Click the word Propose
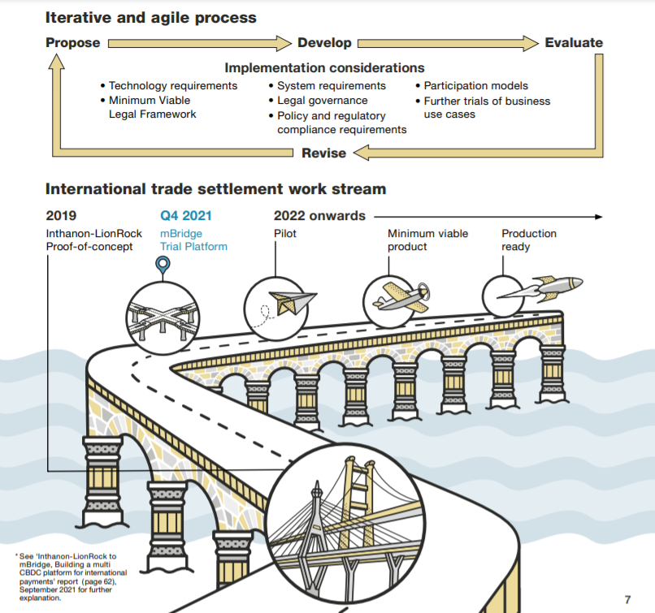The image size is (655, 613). point(72,43)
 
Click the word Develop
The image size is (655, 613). point(324,43)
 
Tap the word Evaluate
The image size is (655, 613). point(574,42)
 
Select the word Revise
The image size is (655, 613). point(323,153)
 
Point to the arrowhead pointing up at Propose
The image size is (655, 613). point(56,62)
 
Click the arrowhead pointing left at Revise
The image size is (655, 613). point(362,153)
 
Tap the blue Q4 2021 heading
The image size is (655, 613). point(186,216)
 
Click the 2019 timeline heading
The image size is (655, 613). point(61,216)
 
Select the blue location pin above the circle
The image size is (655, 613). point(163,265)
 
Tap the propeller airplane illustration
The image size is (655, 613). point(401,296)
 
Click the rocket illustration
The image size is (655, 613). point(541,287)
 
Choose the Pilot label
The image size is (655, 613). point(285,234)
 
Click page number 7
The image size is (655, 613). point(627,600)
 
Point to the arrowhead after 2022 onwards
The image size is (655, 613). point(599,217)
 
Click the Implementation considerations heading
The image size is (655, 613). point(324,67)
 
